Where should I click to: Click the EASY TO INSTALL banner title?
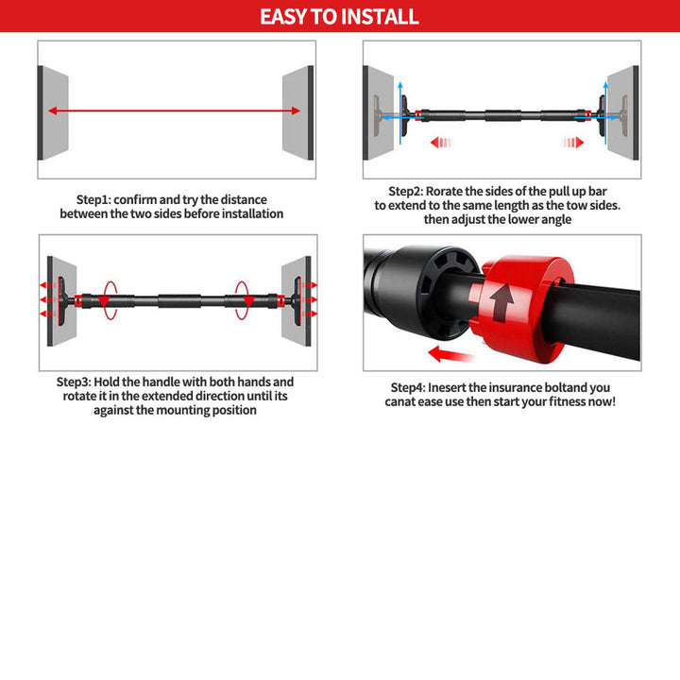tap(339, 16)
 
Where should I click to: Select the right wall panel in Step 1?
tap(297, 110)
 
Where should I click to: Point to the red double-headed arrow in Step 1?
tap(175, 110)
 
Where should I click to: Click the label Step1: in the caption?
tap(93, 199)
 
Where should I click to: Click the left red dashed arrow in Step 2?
tap(439, 143)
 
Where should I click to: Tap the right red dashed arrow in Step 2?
tap(572, 143)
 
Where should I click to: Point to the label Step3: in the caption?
tap(74, 382)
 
